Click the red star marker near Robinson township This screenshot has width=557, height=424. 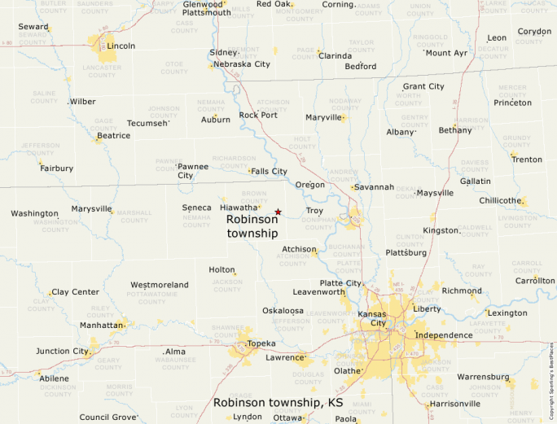click(x=278, y=212)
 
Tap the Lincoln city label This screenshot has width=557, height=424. click(x=121, y=46)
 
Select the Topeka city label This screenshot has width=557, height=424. click(x=261, y=343)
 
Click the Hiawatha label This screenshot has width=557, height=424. click(x=239, y=208)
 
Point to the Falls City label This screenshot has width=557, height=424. click(x=269, y=172)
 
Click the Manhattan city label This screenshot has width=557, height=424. click(x=101, y=325)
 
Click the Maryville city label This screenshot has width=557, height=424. click(x=323, y=117)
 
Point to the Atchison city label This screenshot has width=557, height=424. click(x=299, y=249)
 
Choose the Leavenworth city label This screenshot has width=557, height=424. click(x=319, y=291)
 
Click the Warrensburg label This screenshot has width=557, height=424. click(x=483, y=378)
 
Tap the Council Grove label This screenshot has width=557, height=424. click(x=107, y=417)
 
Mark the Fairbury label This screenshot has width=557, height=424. click(x=56, y=168)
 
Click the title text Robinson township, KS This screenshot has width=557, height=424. click(x=278, y=403)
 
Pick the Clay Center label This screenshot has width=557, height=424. click(x=75, y=292)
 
